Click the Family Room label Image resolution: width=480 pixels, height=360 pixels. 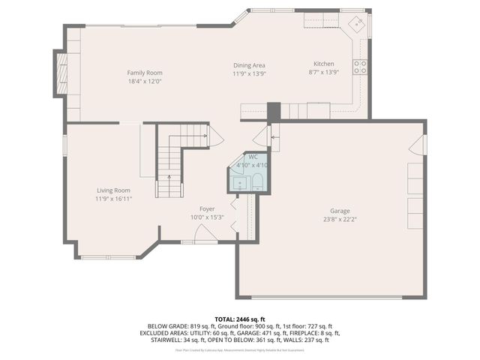click(x=145, y=73)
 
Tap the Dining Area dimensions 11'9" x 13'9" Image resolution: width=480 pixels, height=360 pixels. click(x=249, y=73)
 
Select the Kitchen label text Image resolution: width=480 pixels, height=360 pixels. click(x=323, y=64)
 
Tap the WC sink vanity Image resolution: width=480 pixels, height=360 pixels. click(x=238, y=182)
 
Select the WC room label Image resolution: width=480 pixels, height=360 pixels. click(x=243, y=157)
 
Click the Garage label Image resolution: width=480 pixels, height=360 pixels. click(x=340, y=211)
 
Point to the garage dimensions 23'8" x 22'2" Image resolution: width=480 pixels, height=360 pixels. click(x=340, y=219)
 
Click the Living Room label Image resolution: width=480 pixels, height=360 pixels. click(x=112, y=190)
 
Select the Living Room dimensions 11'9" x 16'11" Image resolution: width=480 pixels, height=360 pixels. click(x=112, y=199)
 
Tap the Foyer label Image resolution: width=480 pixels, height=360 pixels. click(x=207, y=208)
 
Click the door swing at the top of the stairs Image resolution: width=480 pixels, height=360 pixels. click(x=215, y=136)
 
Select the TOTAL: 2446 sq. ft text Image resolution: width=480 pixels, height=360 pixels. click(x=239, y=319)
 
